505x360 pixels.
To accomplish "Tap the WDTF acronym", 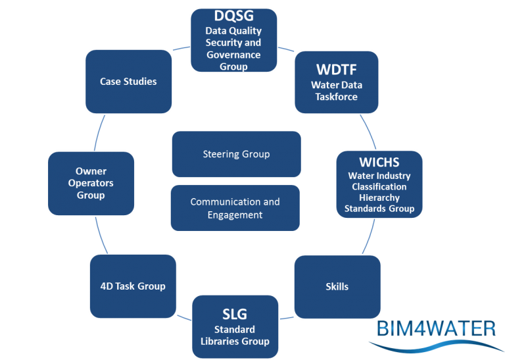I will coord(336,69).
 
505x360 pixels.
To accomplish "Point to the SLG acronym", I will coord(234,314).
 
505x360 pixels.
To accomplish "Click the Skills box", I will coord(337,287).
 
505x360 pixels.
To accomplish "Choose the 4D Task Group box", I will coord(133,286).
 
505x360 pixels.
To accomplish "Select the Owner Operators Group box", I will coord(91,183).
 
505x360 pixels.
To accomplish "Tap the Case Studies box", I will coord(128,82).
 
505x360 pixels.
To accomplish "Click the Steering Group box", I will coord(236,154).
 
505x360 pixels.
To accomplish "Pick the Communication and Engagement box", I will coord(235,208).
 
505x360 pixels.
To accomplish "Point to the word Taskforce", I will coord(335,97).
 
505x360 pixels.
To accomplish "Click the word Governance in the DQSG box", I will coord(233,55).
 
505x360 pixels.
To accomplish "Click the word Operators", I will coord(91,183).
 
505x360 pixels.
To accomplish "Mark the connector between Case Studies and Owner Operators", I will coord(102,132).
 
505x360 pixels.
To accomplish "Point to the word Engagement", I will coord(235,215).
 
